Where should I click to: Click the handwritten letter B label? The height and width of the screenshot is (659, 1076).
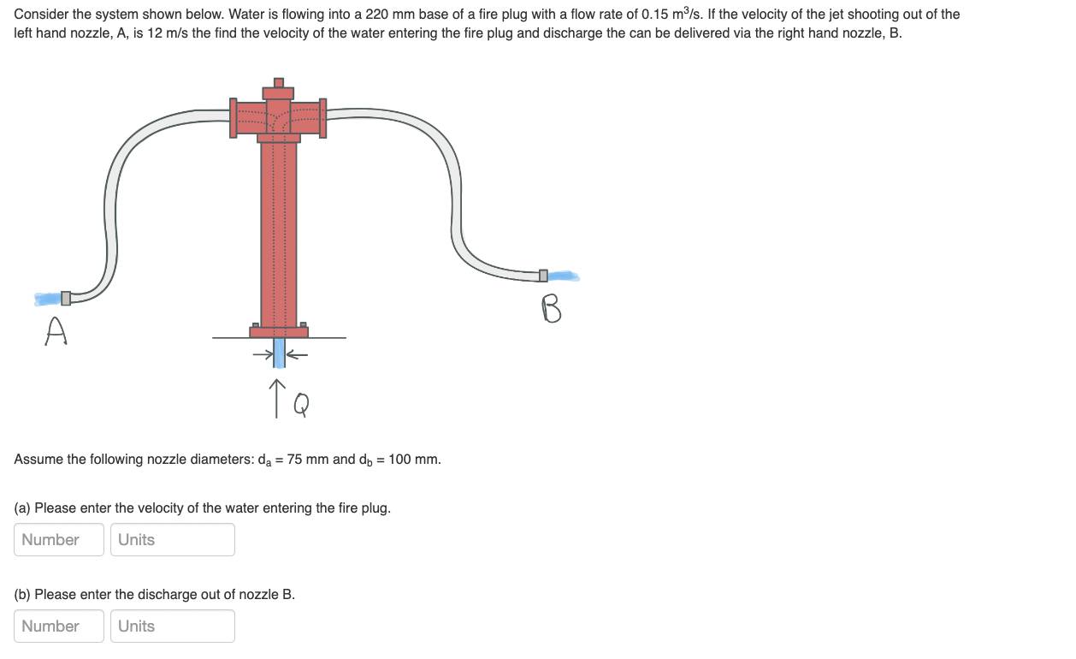coord(552,309)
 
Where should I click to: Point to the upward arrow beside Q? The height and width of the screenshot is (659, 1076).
coord(277,398)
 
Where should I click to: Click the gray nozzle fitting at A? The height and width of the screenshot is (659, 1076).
coord(66,298)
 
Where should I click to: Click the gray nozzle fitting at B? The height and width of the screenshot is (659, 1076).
coord(543,276)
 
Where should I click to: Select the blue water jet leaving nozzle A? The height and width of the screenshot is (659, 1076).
coord(47,299)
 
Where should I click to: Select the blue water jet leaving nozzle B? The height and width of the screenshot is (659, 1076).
coord(563,276)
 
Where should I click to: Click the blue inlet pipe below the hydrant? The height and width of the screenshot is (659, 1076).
coord(279,353)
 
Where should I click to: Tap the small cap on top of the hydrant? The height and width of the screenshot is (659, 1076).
coord(278,83)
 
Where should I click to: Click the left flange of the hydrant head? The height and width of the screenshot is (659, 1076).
coord(233,118)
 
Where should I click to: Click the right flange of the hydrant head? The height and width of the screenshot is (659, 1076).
coord(322,118)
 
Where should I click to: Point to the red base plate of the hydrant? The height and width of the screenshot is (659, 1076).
coord(279,331)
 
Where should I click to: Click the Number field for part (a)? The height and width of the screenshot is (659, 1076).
coord(59,539)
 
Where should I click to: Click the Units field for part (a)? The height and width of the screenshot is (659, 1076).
coord(172,539)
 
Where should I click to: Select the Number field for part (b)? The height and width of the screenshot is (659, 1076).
coord(59,626)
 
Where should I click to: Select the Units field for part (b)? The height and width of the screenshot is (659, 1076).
coord(172,626)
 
